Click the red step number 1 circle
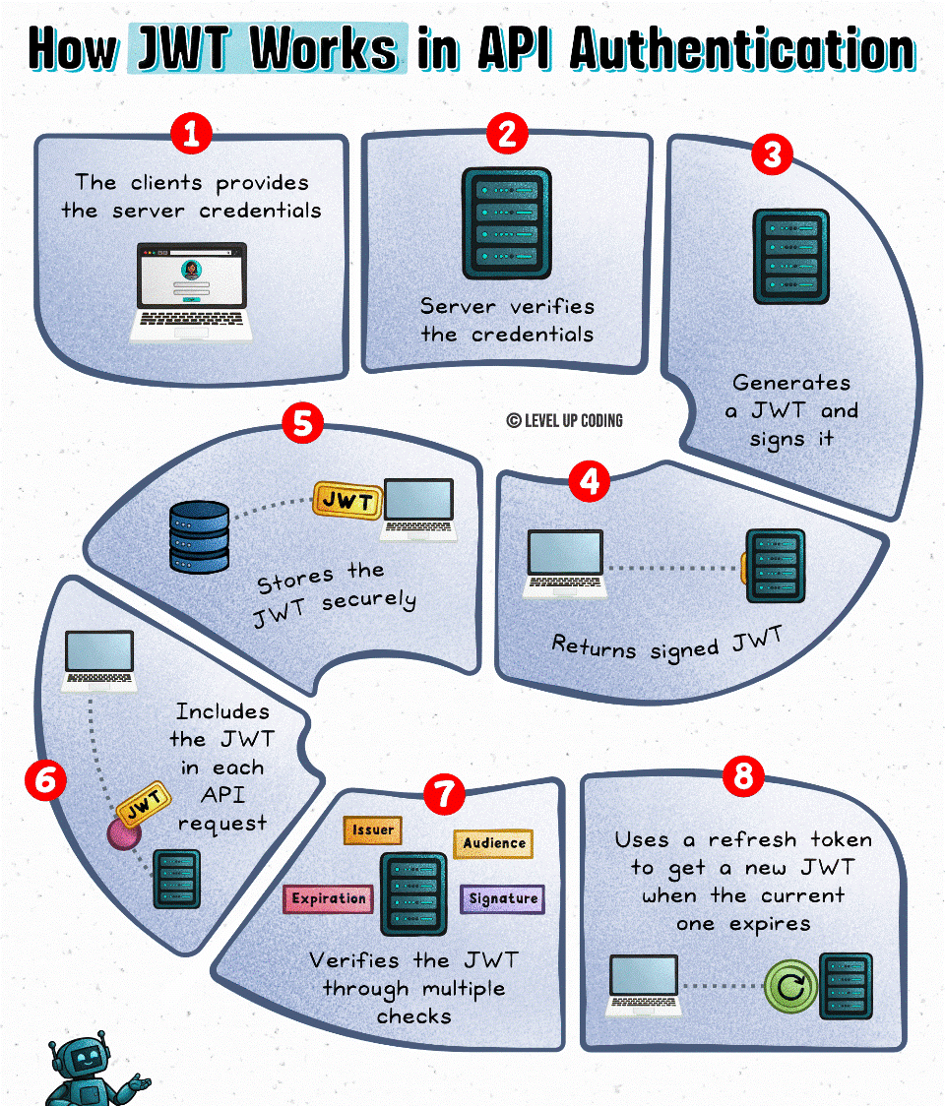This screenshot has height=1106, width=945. (x=191, y=134)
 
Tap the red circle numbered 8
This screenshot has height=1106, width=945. (x=743, y=777)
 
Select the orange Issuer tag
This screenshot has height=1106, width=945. (x=373, y=830)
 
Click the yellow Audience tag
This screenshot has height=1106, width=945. (x=493, y=843)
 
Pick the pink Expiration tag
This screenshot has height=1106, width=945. (x=329, y=898)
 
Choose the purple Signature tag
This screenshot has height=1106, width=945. (x=502, y=898)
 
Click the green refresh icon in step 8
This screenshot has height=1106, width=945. (x=790, y=985)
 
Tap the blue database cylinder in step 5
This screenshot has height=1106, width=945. (x=199, y=536)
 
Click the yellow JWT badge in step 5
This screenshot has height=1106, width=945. (x=346, y=501)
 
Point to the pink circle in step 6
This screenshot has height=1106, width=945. (x=124, y=833)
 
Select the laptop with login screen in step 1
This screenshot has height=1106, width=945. (x=191, y=291)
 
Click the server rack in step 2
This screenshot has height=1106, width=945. (x=506, y=222)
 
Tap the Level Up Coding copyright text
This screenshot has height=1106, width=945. (x=565, y=420)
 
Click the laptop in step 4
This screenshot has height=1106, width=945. (x=564, y=564)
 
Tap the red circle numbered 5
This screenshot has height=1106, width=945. (x=302, y=423)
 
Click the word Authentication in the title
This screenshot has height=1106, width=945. (x=742, y=49)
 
